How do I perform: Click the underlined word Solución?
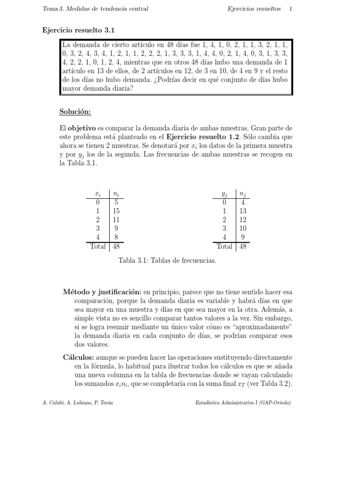75,112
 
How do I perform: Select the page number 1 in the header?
291,8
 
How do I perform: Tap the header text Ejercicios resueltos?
255,8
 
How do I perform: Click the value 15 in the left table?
116,211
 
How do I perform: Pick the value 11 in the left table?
116,219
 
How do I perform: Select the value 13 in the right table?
242,211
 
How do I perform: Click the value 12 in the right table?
242,219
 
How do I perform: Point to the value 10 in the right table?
242,228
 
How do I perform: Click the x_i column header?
97,194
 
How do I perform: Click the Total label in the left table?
97,246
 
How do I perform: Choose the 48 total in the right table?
242,246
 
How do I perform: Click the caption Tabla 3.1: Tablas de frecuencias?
167,261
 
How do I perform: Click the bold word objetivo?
83,128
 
